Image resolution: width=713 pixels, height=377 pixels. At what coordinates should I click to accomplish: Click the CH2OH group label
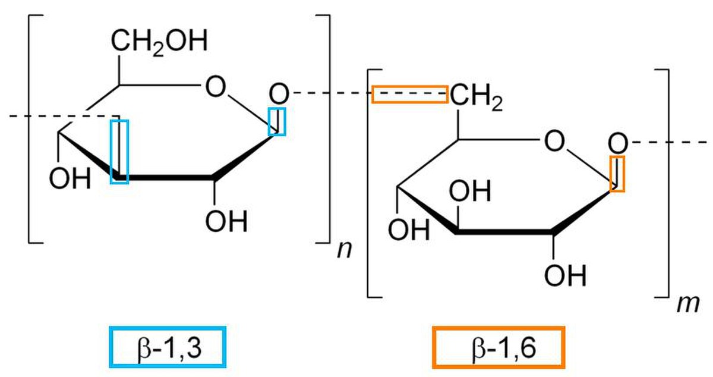click(x=159, y=42)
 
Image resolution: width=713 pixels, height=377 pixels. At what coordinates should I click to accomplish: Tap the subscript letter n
click(x=345, y=250)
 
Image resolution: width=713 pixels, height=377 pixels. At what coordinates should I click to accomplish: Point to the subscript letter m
click(x=688, y=304)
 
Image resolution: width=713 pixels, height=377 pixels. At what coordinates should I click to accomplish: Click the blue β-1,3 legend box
click(x=168, y=347)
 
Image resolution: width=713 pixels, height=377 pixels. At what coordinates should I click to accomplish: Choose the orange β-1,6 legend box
click(x=499, y=347)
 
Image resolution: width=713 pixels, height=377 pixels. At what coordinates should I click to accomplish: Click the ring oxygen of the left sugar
click(x=216, y=86)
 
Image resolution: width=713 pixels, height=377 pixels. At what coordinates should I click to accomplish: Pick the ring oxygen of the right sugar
click(x=554, y=140)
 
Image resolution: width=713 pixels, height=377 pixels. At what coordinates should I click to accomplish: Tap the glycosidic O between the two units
click(x=279, y=94)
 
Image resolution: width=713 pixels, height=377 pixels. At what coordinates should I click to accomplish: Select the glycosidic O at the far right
click(x=618, y=143)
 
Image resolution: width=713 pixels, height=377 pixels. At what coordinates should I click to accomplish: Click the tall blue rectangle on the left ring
click(x=119, y=152)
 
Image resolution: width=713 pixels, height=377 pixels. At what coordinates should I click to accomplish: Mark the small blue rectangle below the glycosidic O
click(x=277, y=121)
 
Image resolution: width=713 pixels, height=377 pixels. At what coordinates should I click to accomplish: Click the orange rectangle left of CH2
click(x=410, y=95)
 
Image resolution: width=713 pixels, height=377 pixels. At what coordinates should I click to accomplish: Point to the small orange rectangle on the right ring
click(x=617, y=174)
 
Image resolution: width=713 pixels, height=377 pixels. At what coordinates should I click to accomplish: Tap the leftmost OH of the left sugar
click(x=70, y=178)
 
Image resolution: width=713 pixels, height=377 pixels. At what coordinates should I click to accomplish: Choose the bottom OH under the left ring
click(x=226, y=221)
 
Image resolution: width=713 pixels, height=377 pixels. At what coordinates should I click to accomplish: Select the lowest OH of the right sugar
click(x=565, y=275)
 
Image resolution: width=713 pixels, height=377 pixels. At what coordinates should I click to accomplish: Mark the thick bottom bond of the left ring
click(x=166, y=178)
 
